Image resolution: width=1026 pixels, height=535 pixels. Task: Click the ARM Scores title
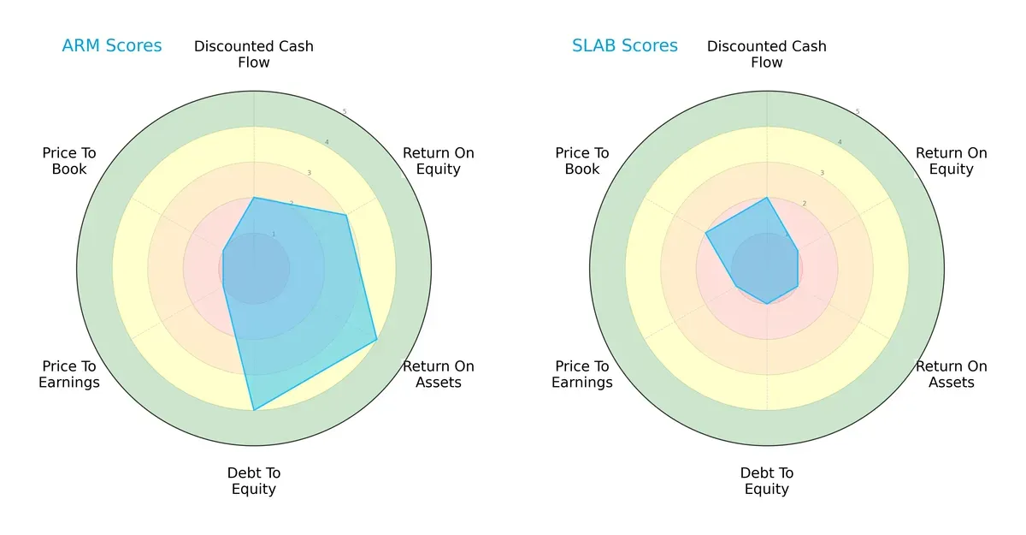coord(111,46)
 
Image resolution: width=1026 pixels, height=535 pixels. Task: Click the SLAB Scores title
coord(624,46)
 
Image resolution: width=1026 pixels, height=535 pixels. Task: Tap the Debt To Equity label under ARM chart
coord(254,481)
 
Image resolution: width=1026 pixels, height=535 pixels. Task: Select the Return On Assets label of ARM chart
coord(439,374)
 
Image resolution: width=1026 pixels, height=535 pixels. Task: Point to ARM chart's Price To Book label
coord(69,161)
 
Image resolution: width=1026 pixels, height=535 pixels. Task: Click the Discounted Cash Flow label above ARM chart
coord(254,54)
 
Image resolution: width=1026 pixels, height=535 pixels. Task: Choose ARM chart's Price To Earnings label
coord(69,374)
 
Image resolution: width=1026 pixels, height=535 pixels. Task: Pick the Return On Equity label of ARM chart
coord(439,161)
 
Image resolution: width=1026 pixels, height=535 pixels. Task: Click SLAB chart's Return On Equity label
coord(952,161)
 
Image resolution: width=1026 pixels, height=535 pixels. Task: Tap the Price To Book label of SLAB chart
coord(582,161)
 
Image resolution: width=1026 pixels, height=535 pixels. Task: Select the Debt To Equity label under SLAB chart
coord(767,481)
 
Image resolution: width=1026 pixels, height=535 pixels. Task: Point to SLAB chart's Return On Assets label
coord(952,374)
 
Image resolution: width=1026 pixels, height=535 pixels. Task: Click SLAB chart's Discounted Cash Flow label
coord(767,54)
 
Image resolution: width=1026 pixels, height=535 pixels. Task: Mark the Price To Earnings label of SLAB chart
coord(582,374)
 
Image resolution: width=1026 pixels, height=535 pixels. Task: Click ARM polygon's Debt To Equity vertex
coord(254,410)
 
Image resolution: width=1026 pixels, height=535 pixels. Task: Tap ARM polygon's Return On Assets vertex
coord(376,340)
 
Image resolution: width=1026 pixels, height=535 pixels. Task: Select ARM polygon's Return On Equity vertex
coord(346,216)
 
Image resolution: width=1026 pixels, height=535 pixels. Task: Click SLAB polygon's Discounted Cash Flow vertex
coord(767,198)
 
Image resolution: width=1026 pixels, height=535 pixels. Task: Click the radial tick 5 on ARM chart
coord(345,112)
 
